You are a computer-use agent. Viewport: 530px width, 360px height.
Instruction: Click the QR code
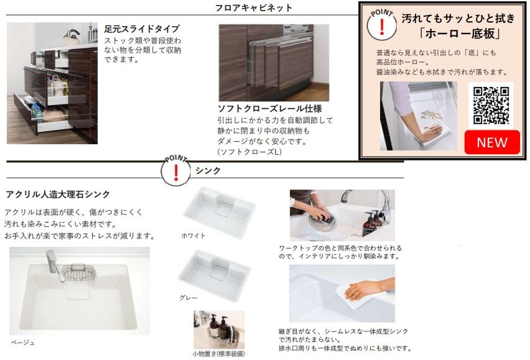[x=491, y=105]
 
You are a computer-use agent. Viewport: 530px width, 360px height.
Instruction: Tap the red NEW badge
[x=492, y=142]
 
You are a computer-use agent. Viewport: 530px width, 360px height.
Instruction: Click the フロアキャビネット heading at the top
[x=254, y=7]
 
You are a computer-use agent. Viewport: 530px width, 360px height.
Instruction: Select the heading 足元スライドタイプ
[x=142, y=29]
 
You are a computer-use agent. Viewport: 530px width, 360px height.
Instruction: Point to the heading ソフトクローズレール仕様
[x=270, y=108]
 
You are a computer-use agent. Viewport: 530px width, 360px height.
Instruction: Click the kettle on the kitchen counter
[x=72, y=37]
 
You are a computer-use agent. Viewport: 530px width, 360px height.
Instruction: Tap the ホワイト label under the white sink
[x=193, y=236]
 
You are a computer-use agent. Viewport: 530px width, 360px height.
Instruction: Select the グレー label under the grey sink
[x=188, y=298]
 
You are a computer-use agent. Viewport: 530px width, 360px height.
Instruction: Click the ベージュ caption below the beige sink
[x=22, y=343]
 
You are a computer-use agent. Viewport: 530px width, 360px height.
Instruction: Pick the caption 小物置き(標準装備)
[x=219, y=354]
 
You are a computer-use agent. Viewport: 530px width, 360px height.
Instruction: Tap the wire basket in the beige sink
[x=78, y=272]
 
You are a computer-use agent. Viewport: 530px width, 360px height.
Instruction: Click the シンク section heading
[x=208, y=170]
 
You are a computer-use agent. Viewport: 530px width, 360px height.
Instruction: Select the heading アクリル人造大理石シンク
[x=58, y=194]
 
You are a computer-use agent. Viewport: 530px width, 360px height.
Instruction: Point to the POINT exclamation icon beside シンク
[x=176, y=170]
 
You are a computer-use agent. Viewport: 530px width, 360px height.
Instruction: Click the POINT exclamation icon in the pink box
[x=381, y=25]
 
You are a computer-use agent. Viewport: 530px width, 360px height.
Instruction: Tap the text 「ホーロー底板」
[x=460, y=33]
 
